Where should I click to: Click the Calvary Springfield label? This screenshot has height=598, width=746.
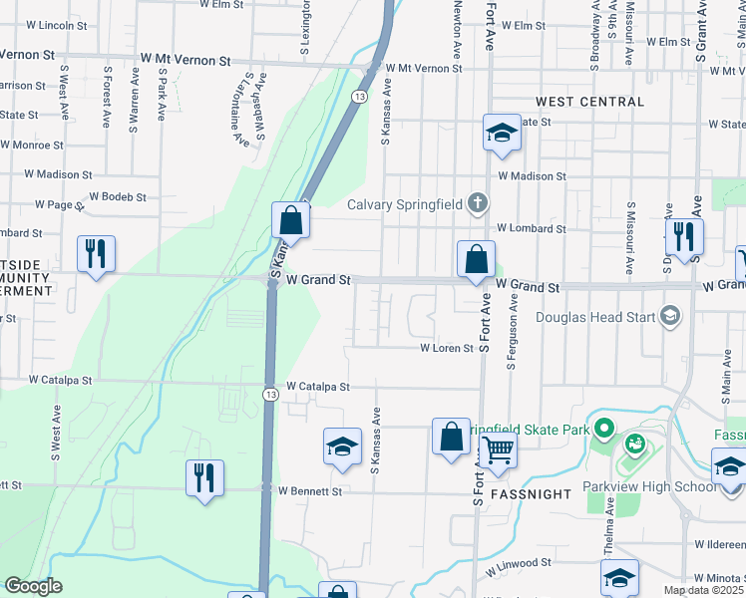[x=406, y=204]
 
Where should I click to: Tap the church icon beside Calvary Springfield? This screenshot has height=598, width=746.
[x=478, y=204]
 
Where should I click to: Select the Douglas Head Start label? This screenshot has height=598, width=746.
[x=595, y=318]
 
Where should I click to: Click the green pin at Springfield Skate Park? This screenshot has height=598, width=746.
[x=602, y=430]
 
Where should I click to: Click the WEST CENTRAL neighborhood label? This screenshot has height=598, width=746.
[x=589, y=102]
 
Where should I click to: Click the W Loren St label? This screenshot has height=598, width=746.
[x=446, y=349]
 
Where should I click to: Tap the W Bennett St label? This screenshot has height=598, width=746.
[x=310, y=491]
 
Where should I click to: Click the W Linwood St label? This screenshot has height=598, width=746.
[x=519, y=563]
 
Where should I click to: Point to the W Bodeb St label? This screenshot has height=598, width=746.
[x=118, y=197]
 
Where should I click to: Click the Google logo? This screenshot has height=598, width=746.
[x=33, y=586]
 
